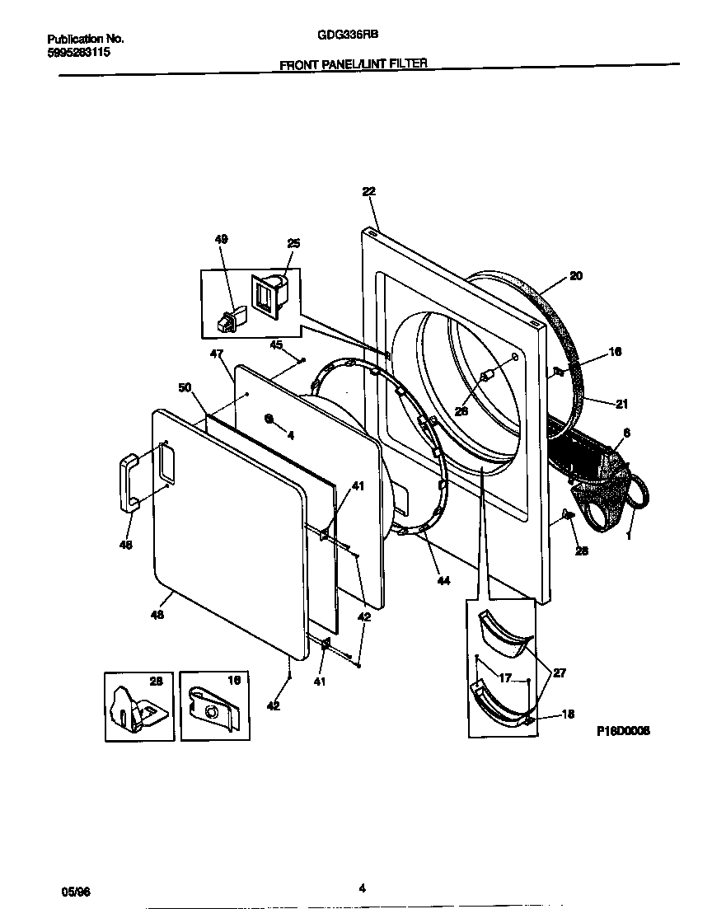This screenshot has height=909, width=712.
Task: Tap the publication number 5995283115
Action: [79, 52]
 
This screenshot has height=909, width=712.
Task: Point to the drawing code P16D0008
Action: [624, 730]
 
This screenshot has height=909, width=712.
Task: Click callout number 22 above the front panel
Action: [368, 191]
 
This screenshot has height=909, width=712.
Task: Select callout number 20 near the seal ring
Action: [576, 276]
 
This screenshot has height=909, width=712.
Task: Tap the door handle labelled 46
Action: [129, 480]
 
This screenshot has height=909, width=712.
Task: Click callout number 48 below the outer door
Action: [157, 614]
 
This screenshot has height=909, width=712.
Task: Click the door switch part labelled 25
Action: [269, 296]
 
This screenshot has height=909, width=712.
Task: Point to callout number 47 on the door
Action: [217, 354]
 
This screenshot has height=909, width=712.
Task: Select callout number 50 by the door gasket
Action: [185, 387]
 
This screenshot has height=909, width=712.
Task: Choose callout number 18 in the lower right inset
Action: [568, 715]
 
